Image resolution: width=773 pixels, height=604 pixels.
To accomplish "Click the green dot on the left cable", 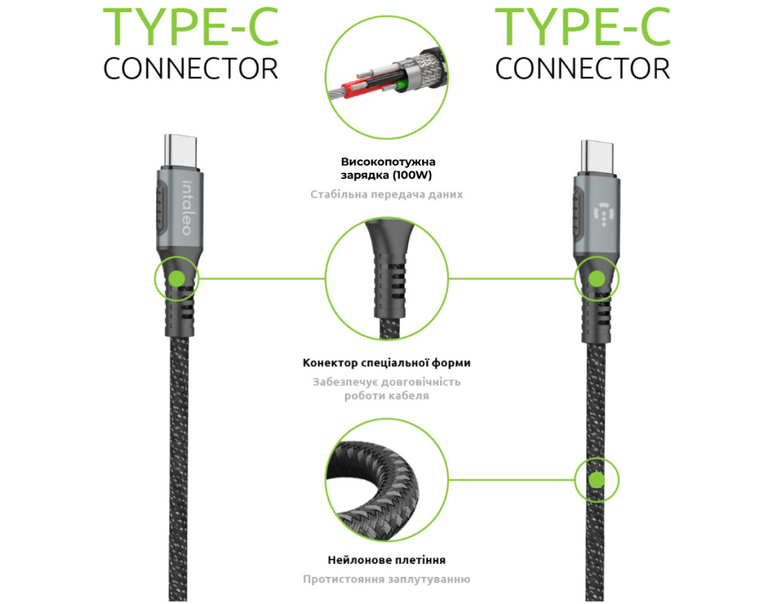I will pyautogui.click(x=177, y=279).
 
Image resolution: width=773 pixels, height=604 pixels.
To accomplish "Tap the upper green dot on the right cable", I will pyautogui.click(x=596, y=279).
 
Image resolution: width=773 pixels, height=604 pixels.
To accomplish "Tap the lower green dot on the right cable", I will pyautogui.click(x=596, y=479).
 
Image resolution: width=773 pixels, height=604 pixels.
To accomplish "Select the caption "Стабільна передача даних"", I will pyautogui.click(x=386, y=194).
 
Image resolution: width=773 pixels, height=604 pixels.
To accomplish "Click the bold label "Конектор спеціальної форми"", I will pyautogui.click(x=386, y=363).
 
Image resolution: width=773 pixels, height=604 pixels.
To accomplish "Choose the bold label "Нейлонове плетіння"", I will pyautogui.click(x=386, y=560).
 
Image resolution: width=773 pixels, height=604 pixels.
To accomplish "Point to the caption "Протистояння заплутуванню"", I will pyautogui.click(x=386, y=579).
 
